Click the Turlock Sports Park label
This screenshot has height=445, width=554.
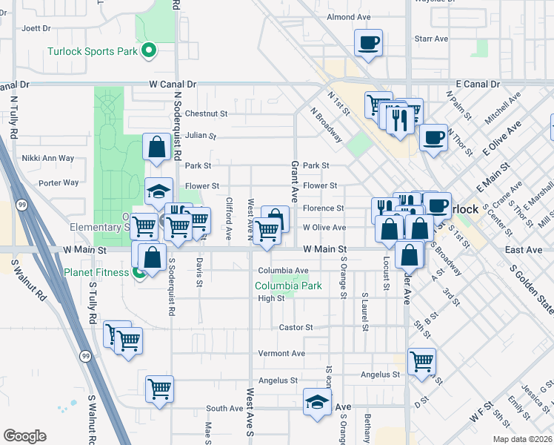coord(92,51)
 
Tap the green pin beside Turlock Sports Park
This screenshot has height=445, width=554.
coord(149,50)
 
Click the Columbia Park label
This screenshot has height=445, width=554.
coord(289,286)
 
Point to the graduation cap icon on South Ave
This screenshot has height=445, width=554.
coord(317,403)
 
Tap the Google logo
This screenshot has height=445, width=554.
coord(24,435)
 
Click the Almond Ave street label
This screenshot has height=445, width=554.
coord(348,17)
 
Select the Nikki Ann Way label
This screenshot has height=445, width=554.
coord(48,158)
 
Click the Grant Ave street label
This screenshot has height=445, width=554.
coord(294,182)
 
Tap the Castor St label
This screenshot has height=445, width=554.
coord(296,327)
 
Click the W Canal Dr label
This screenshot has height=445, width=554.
coord(173,85)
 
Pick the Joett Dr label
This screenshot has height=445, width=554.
coord(36,28)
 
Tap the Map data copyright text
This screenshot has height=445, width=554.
coord(522,439)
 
